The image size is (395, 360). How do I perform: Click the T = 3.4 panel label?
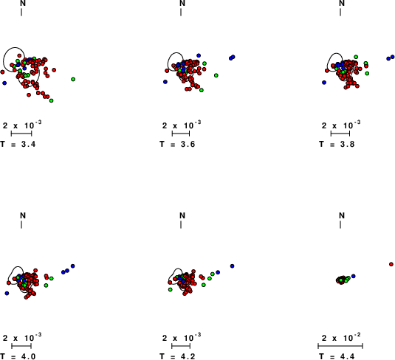pos(18,145)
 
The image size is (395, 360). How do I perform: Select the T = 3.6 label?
pos(177,145)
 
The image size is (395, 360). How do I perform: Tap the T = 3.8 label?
pos(337,145)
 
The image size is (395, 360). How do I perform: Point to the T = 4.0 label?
pos(18,356)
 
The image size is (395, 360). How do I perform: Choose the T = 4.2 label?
pos(177,356)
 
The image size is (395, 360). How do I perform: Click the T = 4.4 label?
pos(337,356)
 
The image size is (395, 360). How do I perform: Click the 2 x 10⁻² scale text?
pos(341,337)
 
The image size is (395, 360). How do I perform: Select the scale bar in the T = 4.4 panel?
pos(340,346)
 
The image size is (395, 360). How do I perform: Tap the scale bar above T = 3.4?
pos(21,134)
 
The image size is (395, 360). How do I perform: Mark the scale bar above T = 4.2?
pos(181,346)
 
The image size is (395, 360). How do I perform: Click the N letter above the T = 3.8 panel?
pos(342,3)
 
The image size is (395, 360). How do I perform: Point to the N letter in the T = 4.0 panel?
pos(23,215)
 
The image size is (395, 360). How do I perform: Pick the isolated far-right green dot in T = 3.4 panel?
pos(73,79)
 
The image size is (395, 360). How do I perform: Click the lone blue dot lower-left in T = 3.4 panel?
pos(4,83)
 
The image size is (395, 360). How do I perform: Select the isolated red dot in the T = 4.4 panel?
pos(391,264)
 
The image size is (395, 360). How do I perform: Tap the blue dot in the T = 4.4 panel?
pos(354,276)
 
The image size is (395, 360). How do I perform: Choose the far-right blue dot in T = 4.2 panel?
pos(233,266)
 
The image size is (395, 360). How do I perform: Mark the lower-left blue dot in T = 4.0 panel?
pos(7,294)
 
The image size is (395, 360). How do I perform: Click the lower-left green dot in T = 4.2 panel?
pos(171,290)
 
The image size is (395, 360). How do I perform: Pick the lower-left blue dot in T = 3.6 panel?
pos(165,82)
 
